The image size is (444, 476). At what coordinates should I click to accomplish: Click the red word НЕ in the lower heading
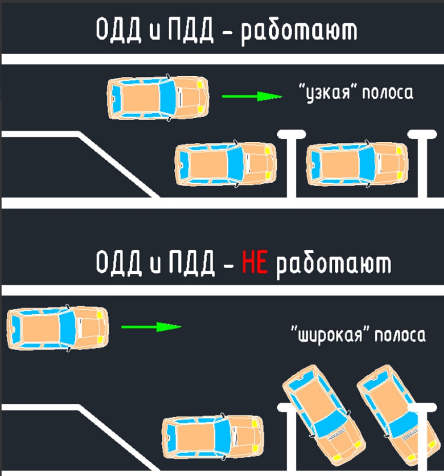click(x=255, y=265)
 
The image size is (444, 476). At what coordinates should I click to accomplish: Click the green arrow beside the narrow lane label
click(x=252, y=96)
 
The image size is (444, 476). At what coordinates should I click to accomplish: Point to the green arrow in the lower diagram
click(x=152, y=327)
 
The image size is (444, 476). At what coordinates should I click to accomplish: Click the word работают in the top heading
click(x=298, y=32)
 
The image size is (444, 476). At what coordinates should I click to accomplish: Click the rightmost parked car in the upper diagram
click(x=357, y=164)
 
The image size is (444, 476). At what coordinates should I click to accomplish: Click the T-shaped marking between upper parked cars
click(x=291, y=164)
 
